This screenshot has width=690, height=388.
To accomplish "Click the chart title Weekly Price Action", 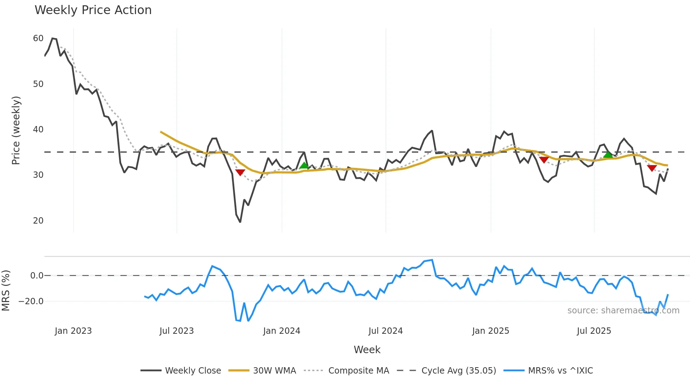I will tap(93, 10).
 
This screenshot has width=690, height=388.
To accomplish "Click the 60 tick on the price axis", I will tap(38, 38).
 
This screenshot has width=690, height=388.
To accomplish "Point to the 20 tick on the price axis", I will tap(38, 221).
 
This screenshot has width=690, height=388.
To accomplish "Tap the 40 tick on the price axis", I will tap(38, 130).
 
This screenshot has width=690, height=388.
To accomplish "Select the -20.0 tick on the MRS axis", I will tap(31, 301).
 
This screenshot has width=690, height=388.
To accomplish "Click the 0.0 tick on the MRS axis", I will tap(37, 276).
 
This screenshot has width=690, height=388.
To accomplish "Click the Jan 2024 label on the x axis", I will tap(282, 331).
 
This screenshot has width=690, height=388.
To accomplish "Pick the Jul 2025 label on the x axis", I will tap(594, 331).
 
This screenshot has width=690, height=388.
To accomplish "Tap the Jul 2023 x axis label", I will tap(176, 331).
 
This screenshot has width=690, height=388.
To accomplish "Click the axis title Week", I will tap(367, 350).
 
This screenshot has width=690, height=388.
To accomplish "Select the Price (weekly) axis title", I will tap(16, 130).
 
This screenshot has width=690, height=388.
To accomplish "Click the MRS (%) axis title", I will tap(6, 290).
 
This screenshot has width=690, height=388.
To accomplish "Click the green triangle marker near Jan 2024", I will tap(304, 165).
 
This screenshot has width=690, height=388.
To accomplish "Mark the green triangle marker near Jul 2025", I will tap(608, 155).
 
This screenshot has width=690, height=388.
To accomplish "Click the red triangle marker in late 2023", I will tap(240, 172).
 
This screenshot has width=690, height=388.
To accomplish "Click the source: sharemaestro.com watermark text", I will tap(623, 311).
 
